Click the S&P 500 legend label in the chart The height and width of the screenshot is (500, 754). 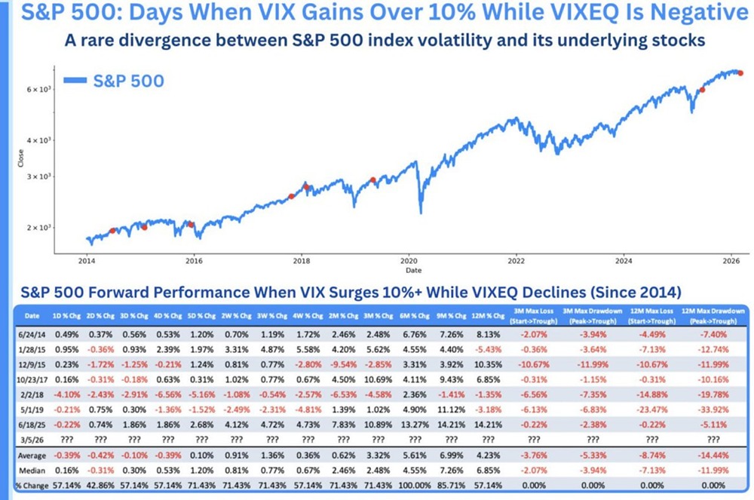tap(127, 80)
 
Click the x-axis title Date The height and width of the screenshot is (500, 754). tap(414, 270)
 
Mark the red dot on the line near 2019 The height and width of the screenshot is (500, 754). tap(372, 180)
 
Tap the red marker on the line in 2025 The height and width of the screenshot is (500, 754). tap(702, 89)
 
